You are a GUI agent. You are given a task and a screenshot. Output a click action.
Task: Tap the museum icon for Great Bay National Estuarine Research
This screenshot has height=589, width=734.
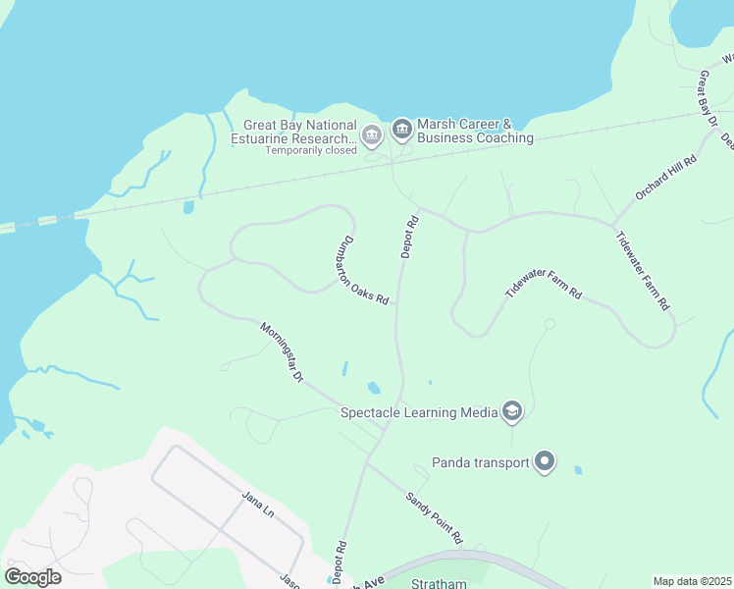pos(371,134)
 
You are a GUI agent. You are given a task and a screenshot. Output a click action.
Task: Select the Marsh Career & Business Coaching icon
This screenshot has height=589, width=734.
pos(401,130)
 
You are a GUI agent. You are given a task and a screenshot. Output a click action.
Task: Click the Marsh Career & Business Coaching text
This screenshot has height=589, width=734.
pos(476,132)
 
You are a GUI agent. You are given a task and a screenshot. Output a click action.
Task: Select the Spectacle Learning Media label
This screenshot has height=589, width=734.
pos(419,412)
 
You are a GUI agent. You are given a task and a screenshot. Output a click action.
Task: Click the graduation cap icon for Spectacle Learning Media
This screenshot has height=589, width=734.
pos(511,411)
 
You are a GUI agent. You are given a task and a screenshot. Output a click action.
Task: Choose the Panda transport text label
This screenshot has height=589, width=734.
pos(481,462)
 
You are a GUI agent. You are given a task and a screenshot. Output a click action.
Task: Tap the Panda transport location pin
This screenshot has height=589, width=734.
pos(546,461)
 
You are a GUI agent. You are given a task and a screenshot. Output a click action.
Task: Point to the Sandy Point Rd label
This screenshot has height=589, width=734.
pos(434,517)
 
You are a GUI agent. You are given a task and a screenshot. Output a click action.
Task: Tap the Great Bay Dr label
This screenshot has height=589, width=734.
pos(708,98)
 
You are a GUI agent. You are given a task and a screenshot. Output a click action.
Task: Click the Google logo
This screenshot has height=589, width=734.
pos(33,577)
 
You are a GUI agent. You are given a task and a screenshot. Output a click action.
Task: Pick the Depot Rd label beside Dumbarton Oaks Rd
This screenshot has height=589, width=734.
pos(410,237)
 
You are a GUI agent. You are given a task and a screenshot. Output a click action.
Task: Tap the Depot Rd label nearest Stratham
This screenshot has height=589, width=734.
pos(340,559)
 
